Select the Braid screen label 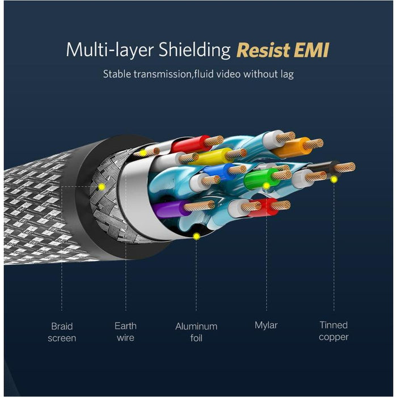tap(62, 332)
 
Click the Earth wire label tap(125, 332)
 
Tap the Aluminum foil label tap(196, 332)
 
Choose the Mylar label tap(266, 326)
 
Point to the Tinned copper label tap(333, 331)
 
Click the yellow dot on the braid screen tap(102, 186)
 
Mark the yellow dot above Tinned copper tap(334, 179)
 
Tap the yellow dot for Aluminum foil tap(196, 236)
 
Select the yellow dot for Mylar tap(266, 185)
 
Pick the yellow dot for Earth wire tap(143, 153)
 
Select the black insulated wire tap(324, 168)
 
